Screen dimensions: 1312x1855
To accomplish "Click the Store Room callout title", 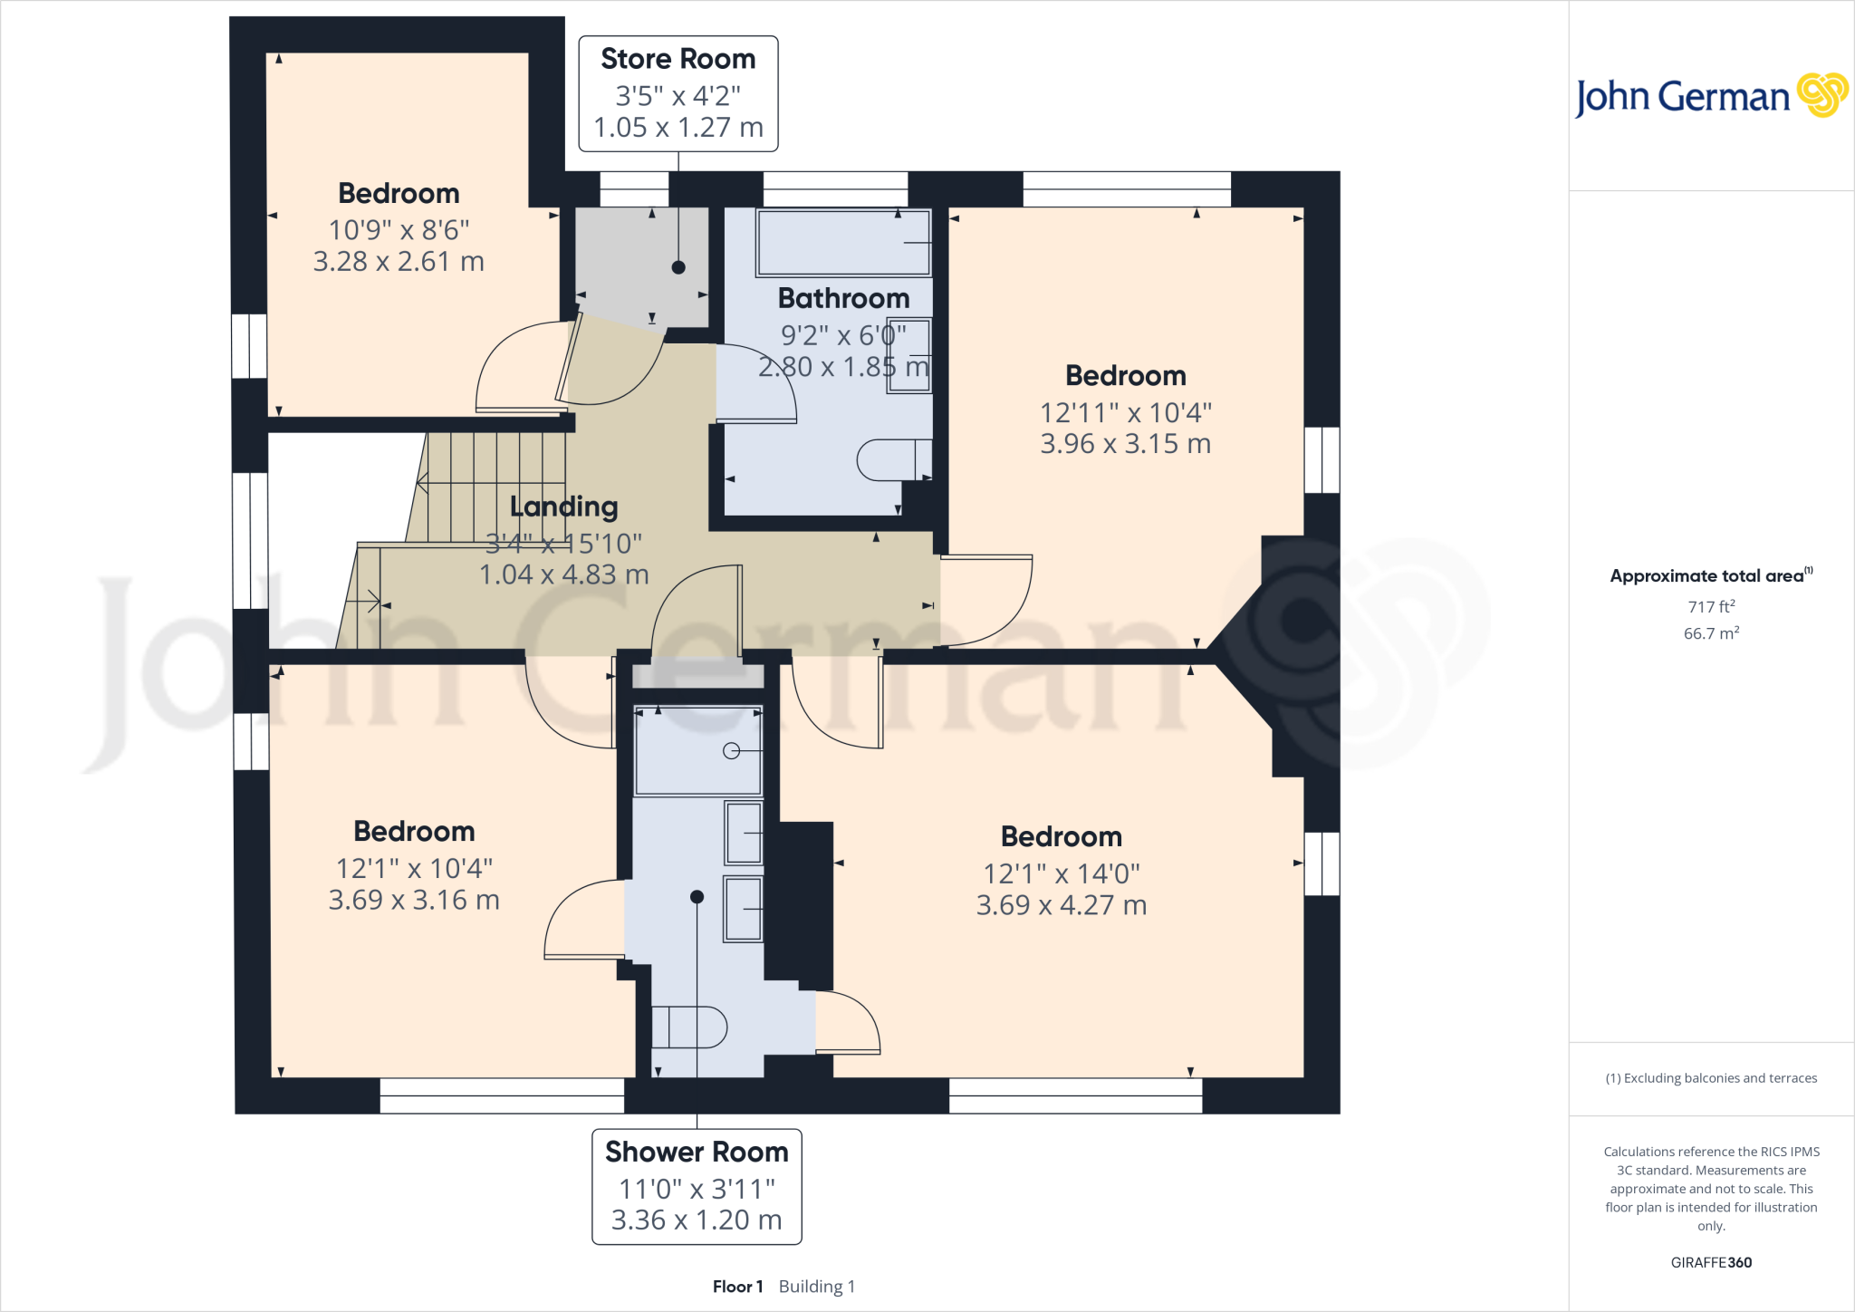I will [678, 59].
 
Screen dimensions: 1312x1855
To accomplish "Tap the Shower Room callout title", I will [697, 1152].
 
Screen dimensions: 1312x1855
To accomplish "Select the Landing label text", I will [563, 506].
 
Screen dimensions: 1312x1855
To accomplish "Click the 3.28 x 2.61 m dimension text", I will [399, 262].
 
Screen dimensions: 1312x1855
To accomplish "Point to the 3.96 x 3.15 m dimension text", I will [1125, 444].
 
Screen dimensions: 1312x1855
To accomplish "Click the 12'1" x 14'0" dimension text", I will [1061, 873].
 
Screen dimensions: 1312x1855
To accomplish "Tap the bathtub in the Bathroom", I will [842, 243].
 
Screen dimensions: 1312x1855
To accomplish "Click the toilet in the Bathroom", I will [893, 459].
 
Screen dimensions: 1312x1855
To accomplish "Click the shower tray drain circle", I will [732, 750].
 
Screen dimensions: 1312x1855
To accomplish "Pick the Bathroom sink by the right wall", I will [909, 355].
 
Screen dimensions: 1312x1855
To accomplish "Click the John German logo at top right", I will [1710, 96].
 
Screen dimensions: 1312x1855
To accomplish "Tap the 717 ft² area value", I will [1710, 607].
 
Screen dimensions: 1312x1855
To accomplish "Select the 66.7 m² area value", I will [1710, 633].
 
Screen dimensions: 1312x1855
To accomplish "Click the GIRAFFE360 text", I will [1710, 1262].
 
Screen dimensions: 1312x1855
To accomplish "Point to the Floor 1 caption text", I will [737, 1287].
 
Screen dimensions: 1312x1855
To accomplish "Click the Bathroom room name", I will [843, 298].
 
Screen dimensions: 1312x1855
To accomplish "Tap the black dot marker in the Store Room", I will [678, 267].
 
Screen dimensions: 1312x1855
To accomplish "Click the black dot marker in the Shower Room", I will [697, 897].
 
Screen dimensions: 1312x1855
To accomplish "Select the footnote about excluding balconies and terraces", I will [1710, 1078].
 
